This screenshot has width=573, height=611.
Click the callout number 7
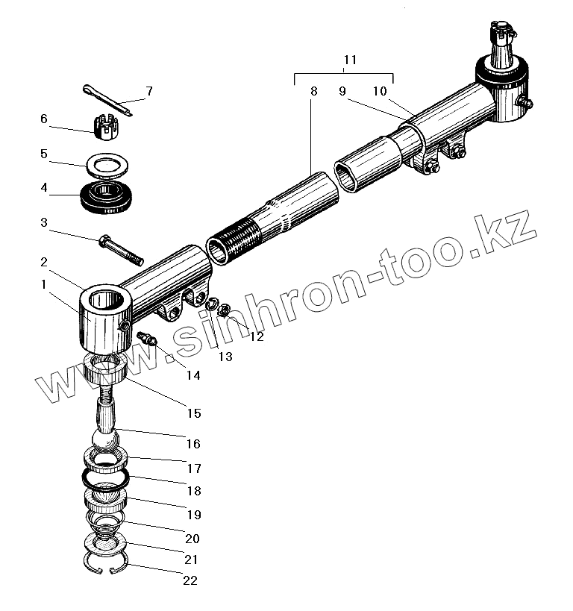pos(149,92)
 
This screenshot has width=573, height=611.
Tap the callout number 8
pos(313,92)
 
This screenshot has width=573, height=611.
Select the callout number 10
pos(380,92)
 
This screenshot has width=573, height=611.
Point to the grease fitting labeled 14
pos(147,339)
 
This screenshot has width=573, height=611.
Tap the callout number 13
pos(225,357)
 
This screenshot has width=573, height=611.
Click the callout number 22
pos(190,580)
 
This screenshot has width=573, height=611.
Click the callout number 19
pos(193,515)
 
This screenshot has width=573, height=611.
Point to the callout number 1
pos(44,284)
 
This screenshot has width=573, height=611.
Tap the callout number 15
pos(193,413)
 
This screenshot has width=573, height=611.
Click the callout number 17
pos(193,469)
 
